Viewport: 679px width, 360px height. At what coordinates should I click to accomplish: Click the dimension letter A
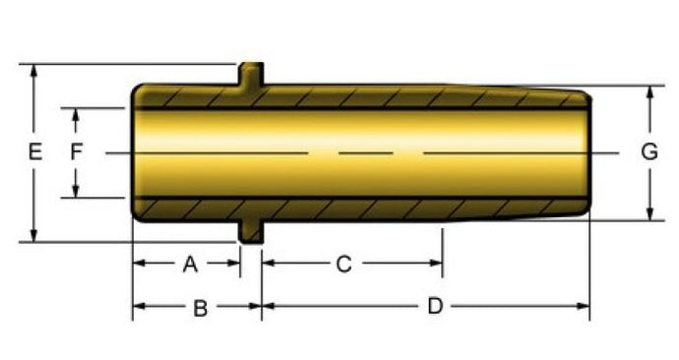tap(190, 264)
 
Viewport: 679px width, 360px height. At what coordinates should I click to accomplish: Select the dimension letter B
tap(200, 309)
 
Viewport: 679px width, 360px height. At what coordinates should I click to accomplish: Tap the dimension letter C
tap(343, 264)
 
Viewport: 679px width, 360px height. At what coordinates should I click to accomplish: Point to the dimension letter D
tap(435, 306)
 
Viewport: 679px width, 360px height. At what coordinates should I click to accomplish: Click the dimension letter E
tap(35, 152)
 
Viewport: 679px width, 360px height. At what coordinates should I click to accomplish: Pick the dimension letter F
tap(76, 152)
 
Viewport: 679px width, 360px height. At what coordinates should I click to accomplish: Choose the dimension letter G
tap(649, 152)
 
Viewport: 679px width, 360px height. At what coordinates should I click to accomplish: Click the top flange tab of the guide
tap(251, 74)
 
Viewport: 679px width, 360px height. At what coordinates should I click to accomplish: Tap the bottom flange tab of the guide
tap(251, 231)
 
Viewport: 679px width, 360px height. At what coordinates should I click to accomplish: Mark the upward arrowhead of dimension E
tap(33, 72)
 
